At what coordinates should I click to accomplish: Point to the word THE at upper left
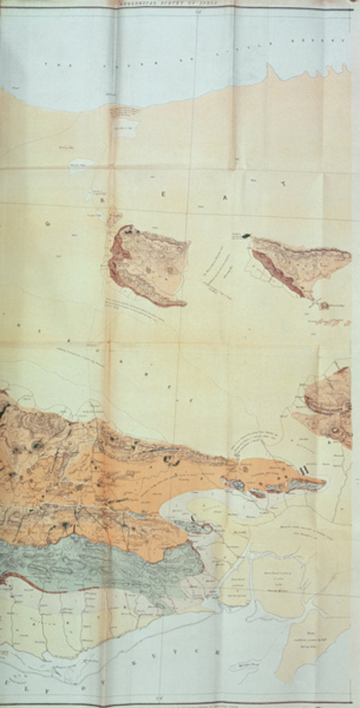point(49,64)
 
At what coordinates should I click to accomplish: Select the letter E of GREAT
point(164,194)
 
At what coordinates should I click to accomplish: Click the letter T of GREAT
point(283,183)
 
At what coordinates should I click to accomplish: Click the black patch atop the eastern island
point(245,236)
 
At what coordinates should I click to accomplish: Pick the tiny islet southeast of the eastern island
point(323,305)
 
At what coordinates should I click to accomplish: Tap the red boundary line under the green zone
point(41,585)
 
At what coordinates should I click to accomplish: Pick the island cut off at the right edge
point(330,404)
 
